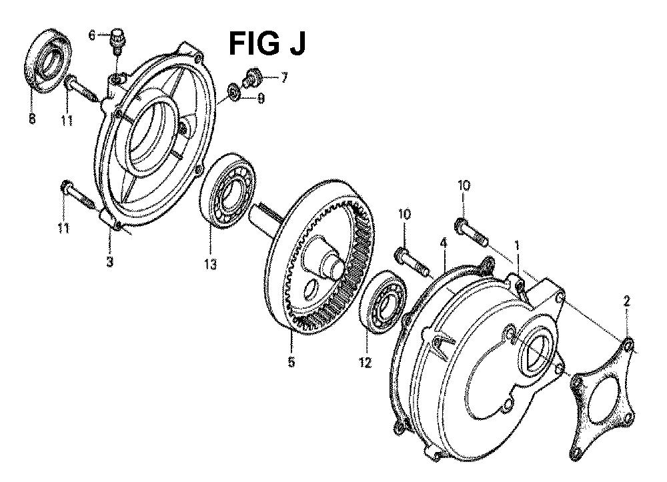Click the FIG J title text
coord(267,43)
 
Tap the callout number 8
coord(32,119)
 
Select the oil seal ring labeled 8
coord(47,59)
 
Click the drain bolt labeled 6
coord(117,41)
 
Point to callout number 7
coord(283,78)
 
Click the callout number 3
coord(110,262)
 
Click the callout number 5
coord(291,362)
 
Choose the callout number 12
coord(366,363)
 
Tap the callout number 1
coord(517,245)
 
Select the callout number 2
coord(626,302)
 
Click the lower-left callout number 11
coord(63,228)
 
